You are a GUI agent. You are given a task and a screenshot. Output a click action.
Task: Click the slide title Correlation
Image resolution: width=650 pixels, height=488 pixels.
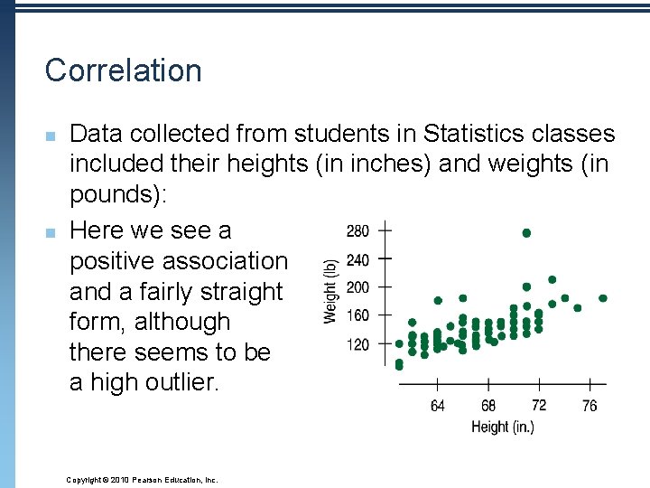point(124,70)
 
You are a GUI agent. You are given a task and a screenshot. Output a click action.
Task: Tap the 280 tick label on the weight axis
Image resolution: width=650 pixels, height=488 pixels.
point(357,231)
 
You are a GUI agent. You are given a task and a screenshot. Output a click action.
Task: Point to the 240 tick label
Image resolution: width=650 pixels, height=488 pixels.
point(357,260)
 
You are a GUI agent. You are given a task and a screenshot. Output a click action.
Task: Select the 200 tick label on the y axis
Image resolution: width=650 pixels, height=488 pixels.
point(357,287)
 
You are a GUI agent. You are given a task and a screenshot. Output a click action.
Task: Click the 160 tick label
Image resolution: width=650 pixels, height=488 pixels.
point(357,315)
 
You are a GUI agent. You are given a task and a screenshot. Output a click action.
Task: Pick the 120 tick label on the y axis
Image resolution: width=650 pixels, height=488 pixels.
point(357,344)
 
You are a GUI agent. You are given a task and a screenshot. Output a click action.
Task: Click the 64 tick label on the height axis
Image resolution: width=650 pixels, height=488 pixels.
point(438,406)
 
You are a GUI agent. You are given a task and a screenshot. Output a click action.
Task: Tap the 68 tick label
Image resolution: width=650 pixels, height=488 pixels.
point(488,406)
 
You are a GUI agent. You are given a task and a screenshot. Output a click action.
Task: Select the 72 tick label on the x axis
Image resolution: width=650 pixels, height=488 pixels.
point(539,405)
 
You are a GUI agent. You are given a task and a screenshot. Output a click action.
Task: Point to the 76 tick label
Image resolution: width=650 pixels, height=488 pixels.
point(590,406)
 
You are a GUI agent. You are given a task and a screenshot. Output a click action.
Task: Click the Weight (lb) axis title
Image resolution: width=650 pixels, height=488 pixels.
point(331,290)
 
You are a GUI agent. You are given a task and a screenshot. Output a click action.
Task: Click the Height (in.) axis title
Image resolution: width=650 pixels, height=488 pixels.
point(503,427)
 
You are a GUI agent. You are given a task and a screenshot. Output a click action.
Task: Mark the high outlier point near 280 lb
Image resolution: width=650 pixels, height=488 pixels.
point(526,233)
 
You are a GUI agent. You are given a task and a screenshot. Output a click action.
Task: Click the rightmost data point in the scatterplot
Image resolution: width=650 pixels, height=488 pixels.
point(603,298)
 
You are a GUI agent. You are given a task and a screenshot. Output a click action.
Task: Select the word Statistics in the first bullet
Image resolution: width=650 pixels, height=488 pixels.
point(474,135)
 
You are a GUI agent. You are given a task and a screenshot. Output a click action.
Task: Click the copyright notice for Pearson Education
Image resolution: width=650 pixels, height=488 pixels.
point(143,480)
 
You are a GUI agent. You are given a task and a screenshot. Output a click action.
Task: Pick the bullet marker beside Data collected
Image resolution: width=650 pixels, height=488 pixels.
point(51,136)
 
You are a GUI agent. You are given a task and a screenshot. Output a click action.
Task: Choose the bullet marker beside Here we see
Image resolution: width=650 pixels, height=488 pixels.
point(51,232)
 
